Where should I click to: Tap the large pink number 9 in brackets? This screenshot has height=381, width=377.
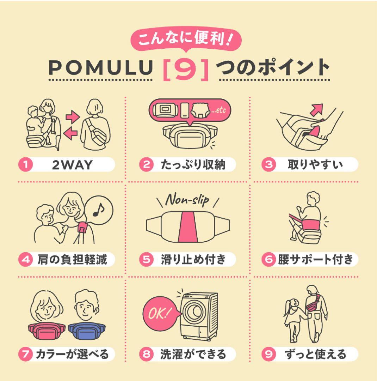click(186, 68)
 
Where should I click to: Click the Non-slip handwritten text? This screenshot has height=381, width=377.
click(187, 200)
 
